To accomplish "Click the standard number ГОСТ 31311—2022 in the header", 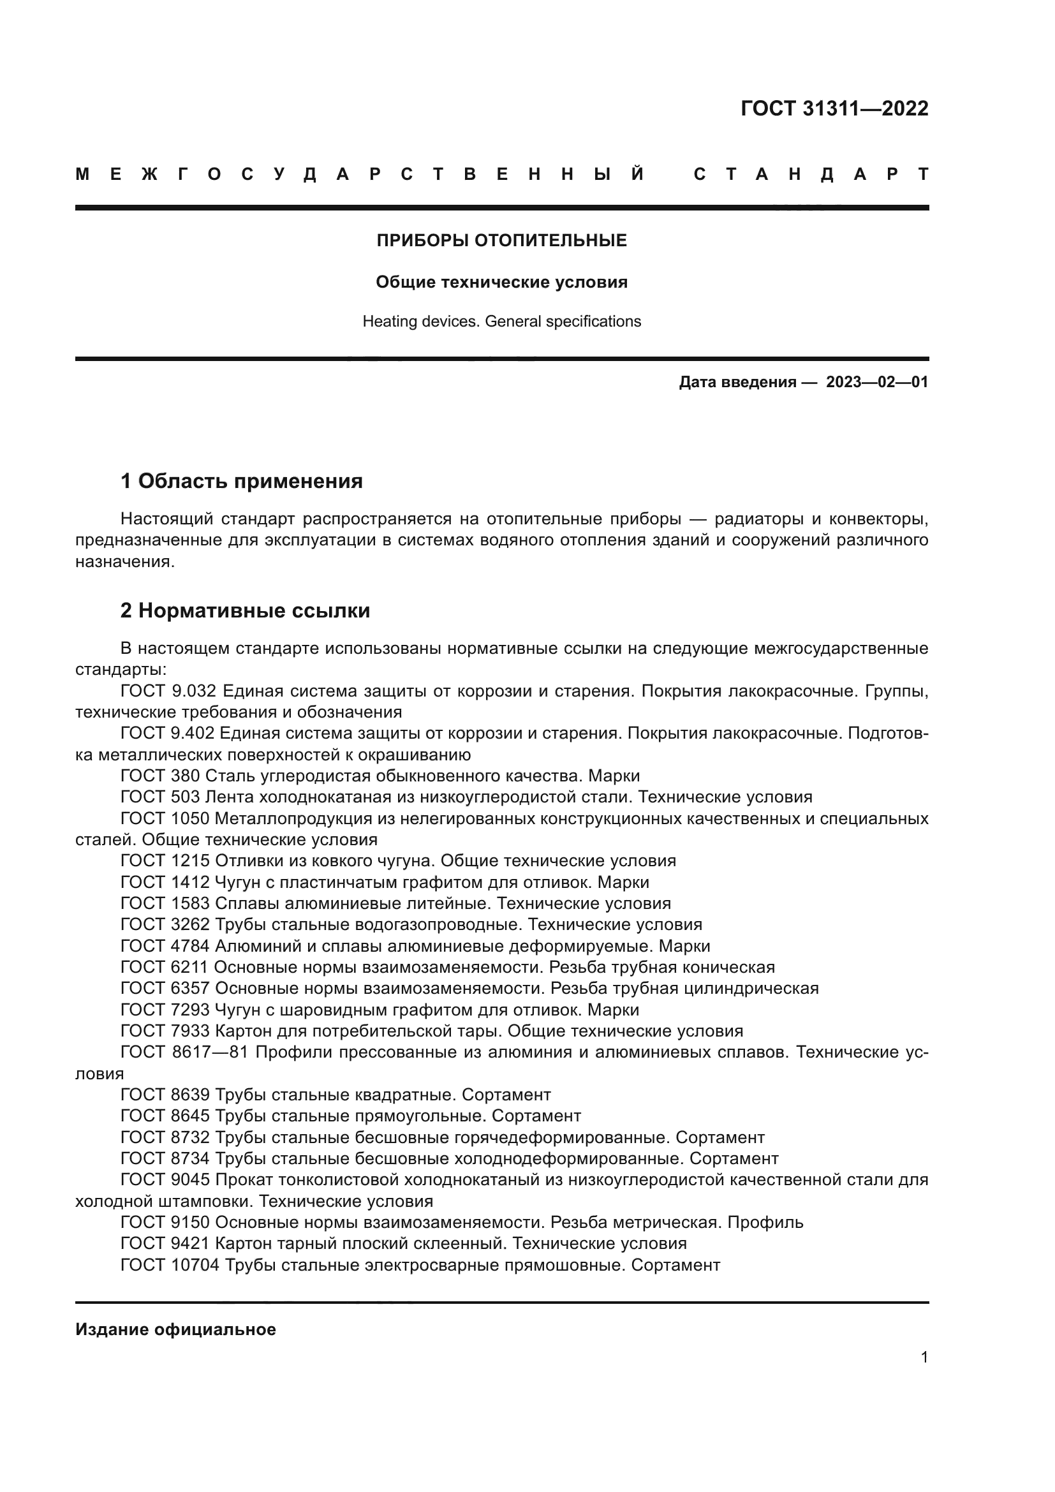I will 834,108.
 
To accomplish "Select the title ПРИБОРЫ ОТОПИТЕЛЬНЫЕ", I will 501,241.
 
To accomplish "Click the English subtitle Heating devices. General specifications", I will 501,321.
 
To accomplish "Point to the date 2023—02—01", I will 877,382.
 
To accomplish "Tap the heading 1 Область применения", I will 242,482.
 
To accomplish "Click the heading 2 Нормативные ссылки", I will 246,611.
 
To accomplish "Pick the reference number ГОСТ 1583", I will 165,903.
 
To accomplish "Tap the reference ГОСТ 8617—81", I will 185,1052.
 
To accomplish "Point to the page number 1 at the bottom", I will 924,1357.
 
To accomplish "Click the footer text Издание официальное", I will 175,1329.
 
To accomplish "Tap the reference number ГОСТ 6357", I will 165,988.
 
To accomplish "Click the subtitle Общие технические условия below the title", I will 501,282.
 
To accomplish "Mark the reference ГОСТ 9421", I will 165,1244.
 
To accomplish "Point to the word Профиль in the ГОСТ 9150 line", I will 765,1222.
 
